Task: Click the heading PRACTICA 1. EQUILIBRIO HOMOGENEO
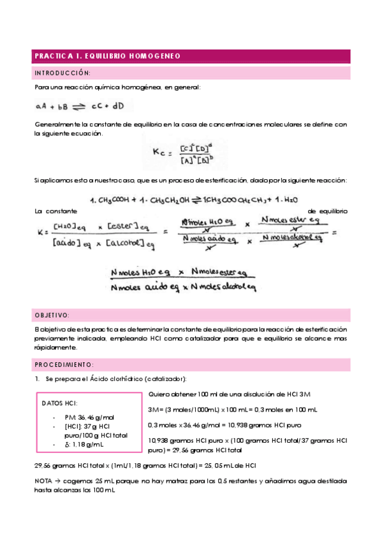coord(108,56)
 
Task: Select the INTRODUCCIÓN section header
coord(62,73)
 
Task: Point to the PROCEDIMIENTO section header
coord(64,364)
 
